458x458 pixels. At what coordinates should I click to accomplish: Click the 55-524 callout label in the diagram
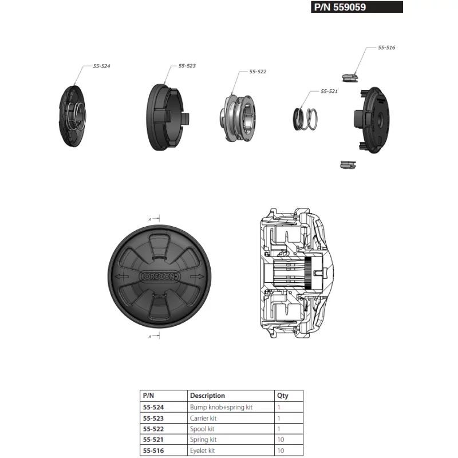[101, 66]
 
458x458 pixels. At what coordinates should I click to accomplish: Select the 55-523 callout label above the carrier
[187, 66]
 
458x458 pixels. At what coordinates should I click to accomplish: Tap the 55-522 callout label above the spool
[258, 72]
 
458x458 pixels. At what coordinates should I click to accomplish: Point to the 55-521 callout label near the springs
[329, 91]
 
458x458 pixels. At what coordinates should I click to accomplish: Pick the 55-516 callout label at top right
[386, 48]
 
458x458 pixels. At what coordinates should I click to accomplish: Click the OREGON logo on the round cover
[160, 276]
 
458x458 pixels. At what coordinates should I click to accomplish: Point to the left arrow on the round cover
[122, 276]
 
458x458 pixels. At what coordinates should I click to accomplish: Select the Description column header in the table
[208, 396]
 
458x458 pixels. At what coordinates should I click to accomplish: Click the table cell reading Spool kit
[202, 429]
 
